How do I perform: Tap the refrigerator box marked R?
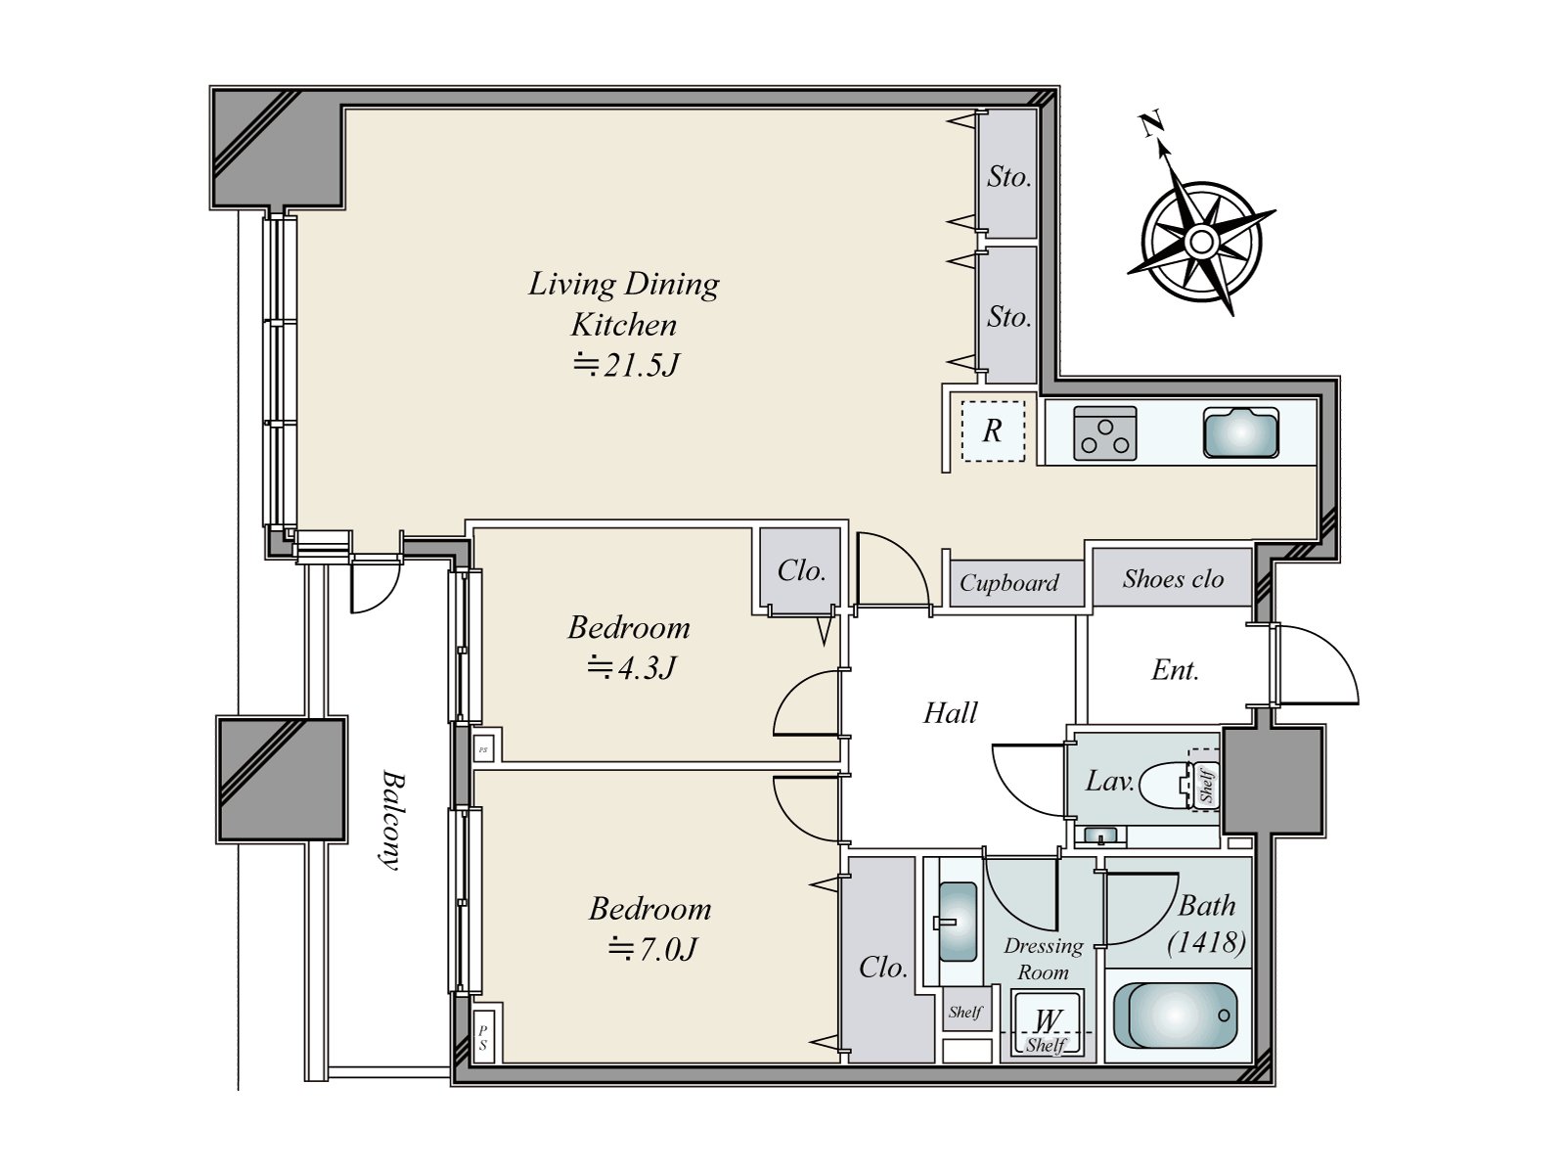[x=993, y=430]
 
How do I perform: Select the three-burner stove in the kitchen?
[x=1104, y=433]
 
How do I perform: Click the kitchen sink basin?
[x=1240, y=432]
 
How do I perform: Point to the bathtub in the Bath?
[x=1175, y=1016]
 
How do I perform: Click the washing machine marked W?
[x=1047, y=1022]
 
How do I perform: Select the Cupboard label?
[x=1008, y=583]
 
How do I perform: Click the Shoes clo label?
[x=1173, y=579]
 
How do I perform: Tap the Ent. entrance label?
[x=1175, y=670]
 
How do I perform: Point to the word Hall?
[x=951, y=713]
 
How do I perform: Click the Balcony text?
[x=390, y=820]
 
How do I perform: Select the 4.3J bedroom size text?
[x=630, y=668]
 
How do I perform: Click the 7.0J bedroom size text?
[x=651, y=949]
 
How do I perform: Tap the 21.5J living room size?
[x=626, y=365]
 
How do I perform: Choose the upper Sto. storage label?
[x=1008, y=177]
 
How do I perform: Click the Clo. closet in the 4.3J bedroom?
[x=801, y=570]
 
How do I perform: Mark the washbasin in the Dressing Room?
[x=957, y=922]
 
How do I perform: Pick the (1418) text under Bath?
[x=1206, y=942]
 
